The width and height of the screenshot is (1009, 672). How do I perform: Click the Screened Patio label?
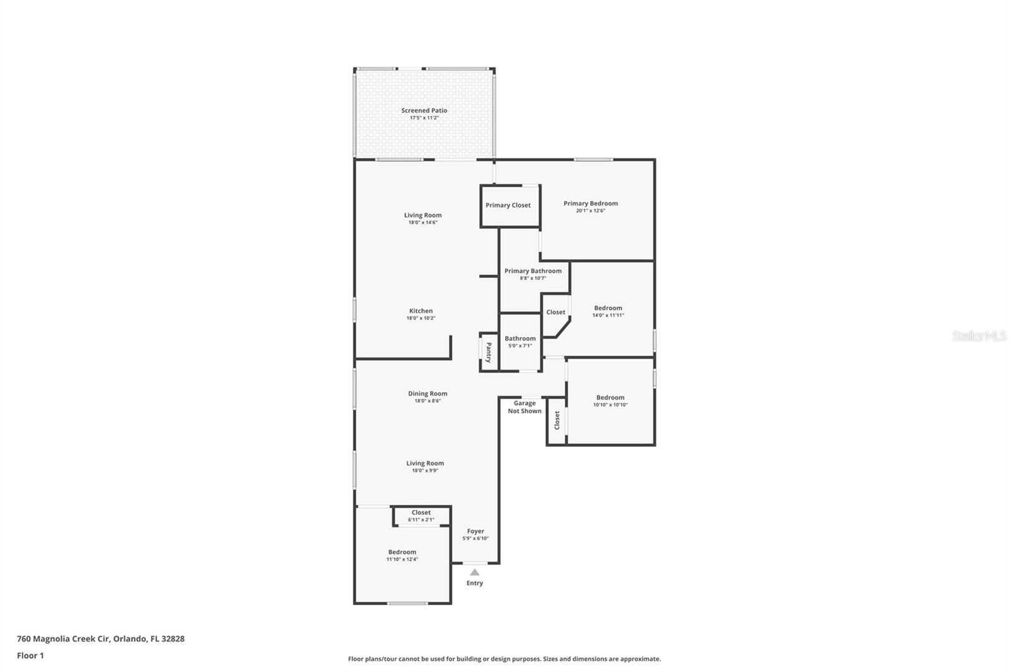pyautogui.click(x=424, y=110)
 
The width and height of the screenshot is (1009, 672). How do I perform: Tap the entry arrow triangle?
pyautogui.click(x=474, y=572)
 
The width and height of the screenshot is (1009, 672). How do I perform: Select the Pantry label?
pyautogui.click(x=488, y=352)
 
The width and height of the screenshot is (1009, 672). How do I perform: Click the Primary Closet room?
pyautogui.click(x=508, y=206)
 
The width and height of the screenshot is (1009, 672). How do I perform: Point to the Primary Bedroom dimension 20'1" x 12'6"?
pyautogui.click(x=590, y=211)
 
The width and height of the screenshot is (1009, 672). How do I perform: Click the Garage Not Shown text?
pyautogui.click(x=525, y=407)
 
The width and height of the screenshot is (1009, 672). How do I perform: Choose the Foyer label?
pyautogui.click(x=475, y=531)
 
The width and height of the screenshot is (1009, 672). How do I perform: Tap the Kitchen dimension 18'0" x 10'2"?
pyautogui.click(x=421, y=318)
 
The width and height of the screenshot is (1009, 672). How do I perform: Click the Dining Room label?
pyautogui.click(x=428, y=393)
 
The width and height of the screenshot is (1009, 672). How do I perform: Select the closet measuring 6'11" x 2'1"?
pyautogui.click(x=421, y=516)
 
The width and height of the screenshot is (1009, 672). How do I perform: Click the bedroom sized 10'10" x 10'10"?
pyautogui.click(x=610, y=402)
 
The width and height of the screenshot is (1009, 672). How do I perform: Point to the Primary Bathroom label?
pyautogui.click(x=533, y=271)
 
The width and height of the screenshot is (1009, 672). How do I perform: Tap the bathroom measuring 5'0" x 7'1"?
pyautogui.click(x=520, y=342)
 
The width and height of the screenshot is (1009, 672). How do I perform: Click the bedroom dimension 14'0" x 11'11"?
pyautogui.click(x=608, y=315)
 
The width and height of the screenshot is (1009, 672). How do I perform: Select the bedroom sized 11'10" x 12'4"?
pyautogui.click(x=402, y=556)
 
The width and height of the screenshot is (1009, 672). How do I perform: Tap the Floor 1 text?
pyautogui.click(x=30, y=656)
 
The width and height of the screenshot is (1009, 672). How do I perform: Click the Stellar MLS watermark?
pyautogui.click(x=979, y=336)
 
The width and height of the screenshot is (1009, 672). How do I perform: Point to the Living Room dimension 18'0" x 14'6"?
pyautogui.click(x=423, y=223)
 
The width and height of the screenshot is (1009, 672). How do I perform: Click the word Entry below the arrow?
pyautogui.click(x=475, y=583)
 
